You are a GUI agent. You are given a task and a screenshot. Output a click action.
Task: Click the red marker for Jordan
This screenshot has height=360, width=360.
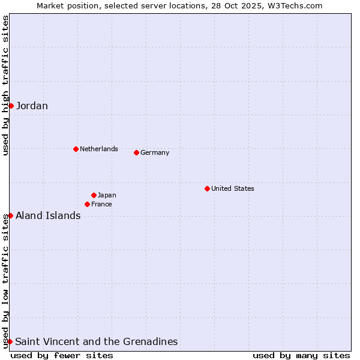[x=11, y=106]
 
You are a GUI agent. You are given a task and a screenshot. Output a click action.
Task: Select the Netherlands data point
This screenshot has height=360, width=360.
[x=76, y=149]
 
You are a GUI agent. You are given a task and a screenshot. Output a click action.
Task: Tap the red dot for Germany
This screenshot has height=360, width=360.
[x=136, y=152]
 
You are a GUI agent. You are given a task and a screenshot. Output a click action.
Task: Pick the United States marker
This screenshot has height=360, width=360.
[x=207, y=188]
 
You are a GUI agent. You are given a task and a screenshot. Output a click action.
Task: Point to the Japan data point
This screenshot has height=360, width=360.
[x=94, y=195]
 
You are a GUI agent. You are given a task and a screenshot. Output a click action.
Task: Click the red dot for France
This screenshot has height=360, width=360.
[x=87, y=204]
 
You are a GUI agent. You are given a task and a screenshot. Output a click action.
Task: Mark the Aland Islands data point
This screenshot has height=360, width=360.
[x=10, y=215]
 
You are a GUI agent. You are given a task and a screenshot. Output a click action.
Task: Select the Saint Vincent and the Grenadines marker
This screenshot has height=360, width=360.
[x=10, y=341]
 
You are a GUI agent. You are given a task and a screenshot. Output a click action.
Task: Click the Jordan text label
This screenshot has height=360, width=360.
[x=32, y=106]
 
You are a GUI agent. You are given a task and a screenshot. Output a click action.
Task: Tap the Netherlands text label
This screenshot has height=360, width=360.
[x=98, y=149]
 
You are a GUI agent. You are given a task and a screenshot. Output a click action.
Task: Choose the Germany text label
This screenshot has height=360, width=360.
[x=155, y=152]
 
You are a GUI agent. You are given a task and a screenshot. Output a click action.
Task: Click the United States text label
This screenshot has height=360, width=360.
[x=232, y=188]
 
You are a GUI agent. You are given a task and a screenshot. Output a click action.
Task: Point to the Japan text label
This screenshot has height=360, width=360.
[x=107, y=195]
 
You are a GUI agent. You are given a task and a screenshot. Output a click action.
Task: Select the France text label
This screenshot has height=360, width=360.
[x=101, y=204]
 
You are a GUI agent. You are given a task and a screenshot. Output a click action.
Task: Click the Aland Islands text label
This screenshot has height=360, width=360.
[x=48, y=216]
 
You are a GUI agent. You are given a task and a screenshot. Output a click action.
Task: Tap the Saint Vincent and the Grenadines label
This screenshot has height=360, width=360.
[x=96, y=342]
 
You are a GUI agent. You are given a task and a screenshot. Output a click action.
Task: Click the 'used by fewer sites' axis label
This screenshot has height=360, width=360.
[x=62, y=355]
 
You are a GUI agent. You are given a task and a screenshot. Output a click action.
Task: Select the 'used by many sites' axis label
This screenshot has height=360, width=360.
[x=301, y=355]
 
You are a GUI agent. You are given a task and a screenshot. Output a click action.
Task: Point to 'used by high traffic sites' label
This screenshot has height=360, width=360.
[x=5, y=86]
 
